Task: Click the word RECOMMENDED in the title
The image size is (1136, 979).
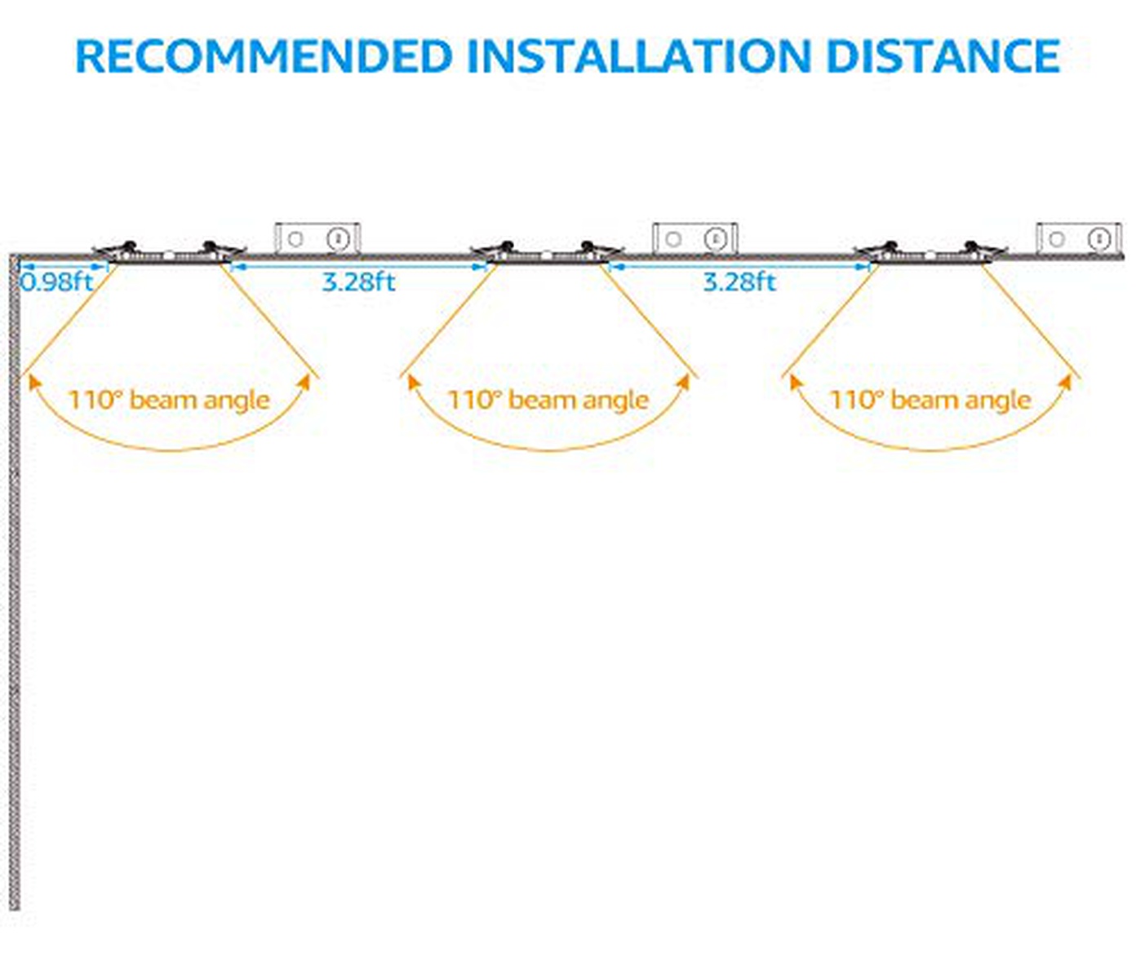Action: click(263, 56)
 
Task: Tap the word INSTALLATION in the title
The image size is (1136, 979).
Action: click(638, 56)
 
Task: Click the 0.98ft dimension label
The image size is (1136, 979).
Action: click(57, 282)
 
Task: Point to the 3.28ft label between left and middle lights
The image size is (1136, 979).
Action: click(358, 282)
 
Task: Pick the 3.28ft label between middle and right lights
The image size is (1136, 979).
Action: click(739, 282)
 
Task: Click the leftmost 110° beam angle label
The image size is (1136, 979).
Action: click(168, 400)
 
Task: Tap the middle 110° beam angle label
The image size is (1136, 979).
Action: click(548, 400)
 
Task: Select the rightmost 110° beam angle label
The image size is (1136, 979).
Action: click(930, 400)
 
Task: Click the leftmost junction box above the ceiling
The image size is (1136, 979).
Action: click(317, 238)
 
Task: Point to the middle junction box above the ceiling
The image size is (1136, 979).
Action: click(694, 238)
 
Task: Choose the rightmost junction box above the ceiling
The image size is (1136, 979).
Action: click(1078, 238)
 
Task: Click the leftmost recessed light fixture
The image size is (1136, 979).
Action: click(169, 252)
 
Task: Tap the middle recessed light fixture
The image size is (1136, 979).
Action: click(547, 252)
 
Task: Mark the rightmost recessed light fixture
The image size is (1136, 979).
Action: click(930, 252)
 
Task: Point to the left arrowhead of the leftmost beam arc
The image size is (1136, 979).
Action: click(32, 382)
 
